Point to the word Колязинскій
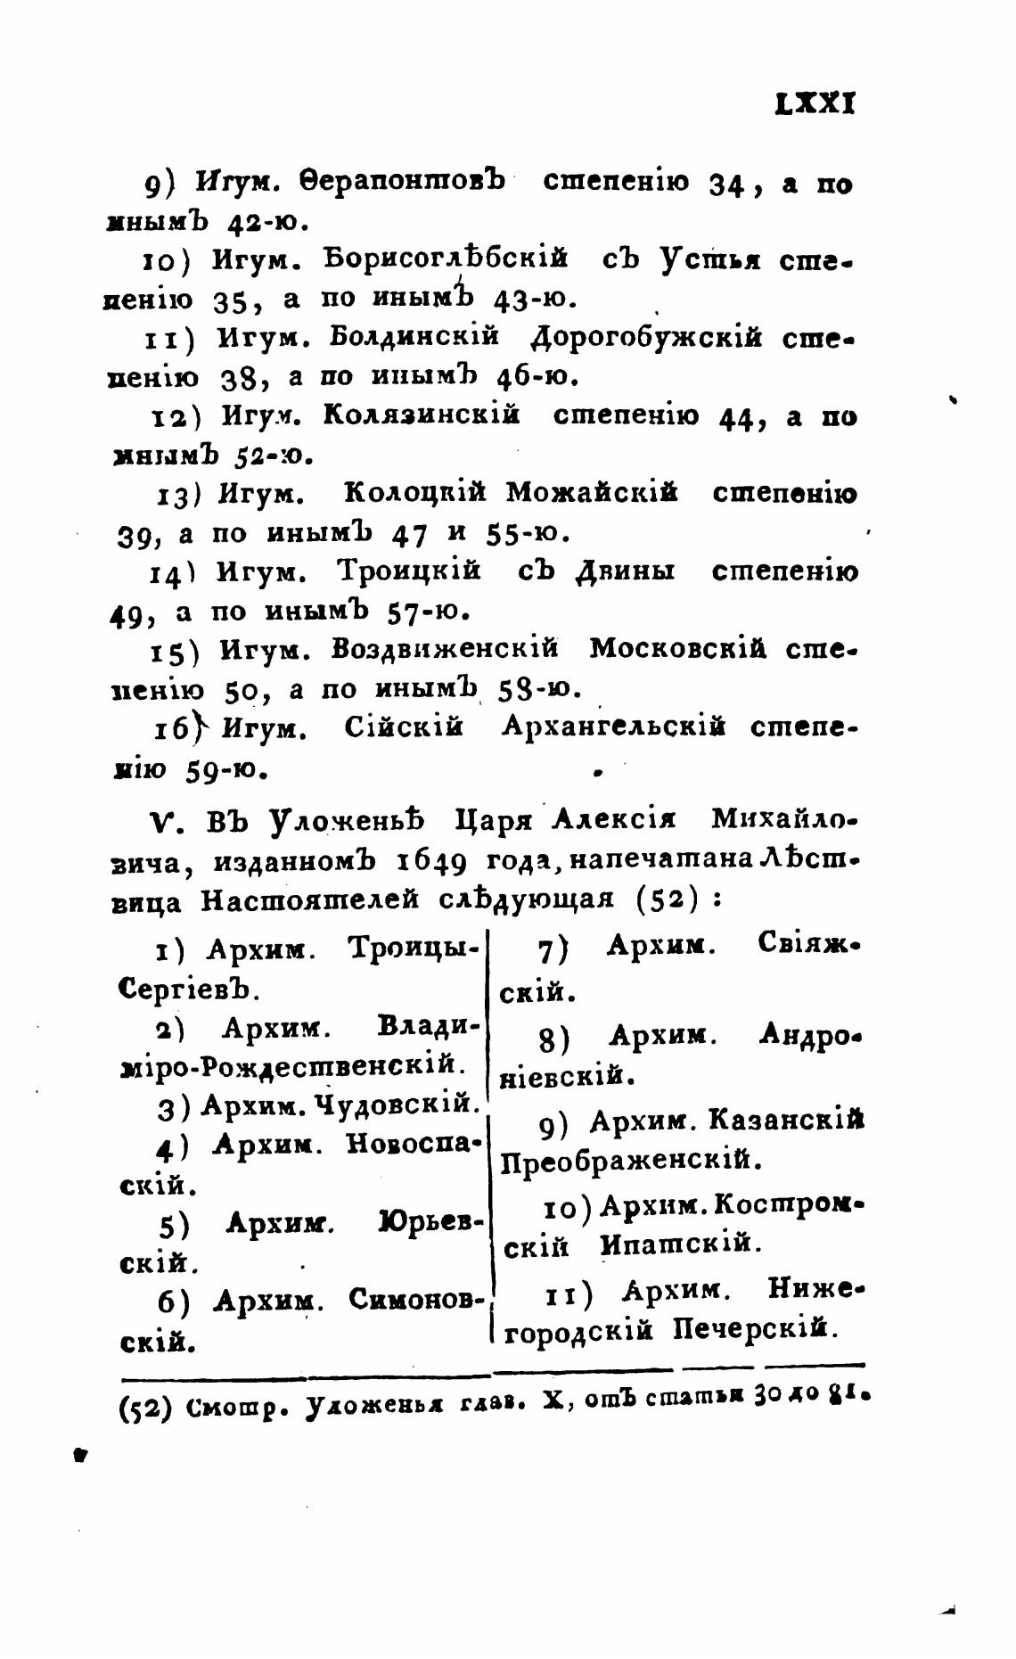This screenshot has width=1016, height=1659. pyautogui.click(x=421, y=415)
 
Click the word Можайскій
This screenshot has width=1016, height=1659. pyautogui.click(x=592, y=492)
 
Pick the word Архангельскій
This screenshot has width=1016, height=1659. pyautogui.click(x=613, y=727)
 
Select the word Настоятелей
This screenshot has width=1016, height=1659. pyautogui.click(x=309, y=900)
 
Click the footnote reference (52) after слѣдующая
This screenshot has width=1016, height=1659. pyautogui.click(x=666, y=899)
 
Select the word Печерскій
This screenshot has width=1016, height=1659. pyautogui.click(x=756, y=1330)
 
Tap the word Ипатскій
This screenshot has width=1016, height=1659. pyautogui.click(x=681, y=1244)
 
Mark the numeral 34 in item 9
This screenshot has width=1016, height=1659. pyautogui.click(x=725, y=185)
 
